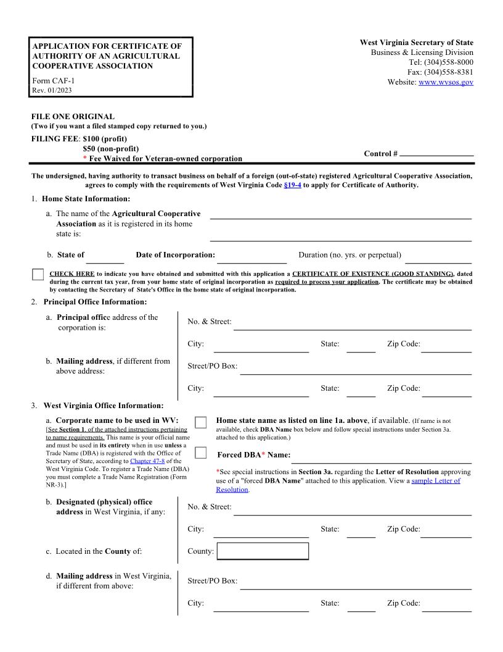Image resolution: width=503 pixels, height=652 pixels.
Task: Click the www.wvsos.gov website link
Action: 446,82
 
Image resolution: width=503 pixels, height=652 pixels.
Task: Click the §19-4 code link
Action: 292,185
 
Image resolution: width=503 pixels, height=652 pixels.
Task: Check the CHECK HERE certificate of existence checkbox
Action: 38,275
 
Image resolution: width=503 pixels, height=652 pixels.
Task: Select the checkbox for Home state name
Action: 200,422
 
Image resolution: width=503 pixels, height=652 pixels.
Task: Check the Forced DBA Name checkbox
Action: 200,453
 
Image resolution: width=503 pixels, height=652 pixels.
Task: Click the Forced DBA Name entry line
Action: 380,458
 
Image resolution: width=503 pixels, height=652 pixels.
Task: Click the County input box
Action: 263,551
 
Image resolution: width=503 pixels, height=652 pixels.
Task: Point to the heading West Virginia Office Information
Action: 103,406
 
